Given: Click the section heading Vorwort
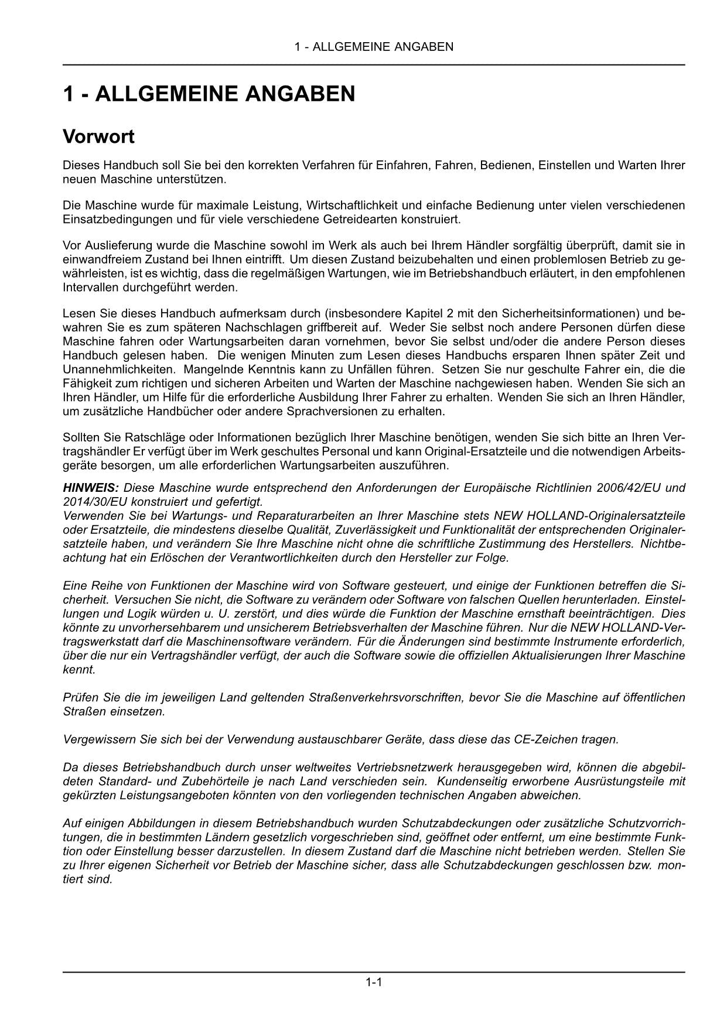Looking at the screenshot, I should click(98, 137).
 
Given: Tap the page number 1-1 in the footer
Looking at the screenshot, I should click(374, 983).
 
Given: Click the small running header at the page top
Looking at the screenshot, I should click(374, 47).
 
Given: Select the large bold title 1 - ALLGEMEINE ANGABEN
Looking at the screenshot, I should click(209, 94).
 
